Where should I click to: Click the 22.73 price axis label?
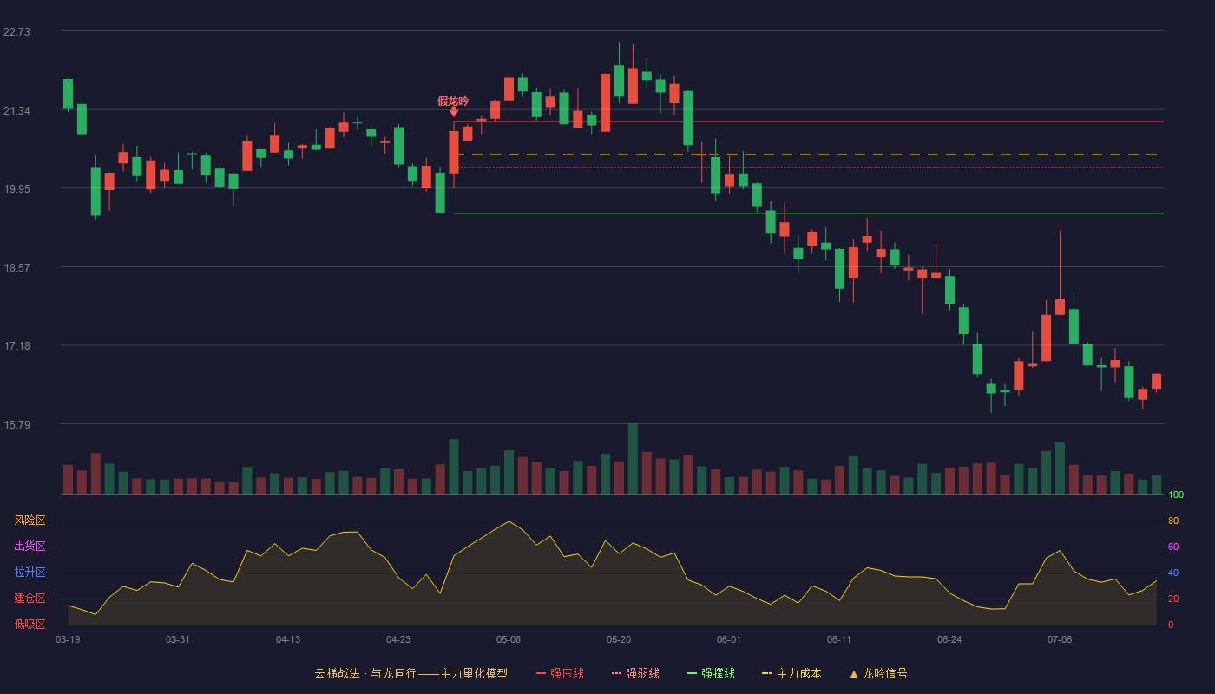[16, 32]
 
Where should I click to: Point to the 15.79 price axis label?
[16, 424]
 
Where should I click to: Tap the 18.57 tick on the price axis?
[16, 268]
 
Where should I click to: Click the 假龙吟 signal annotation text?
[453, 101]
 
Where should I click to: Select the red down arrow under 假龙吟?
[453, 112]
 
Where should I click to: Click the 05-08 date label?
[509, 640]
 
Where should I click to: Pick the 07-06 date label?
[1060, 640]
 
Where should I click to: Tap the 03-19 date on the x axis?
[68, 640]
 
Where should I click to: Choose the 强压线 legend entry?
[560, 674]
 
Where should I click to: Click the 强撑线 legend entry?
[711, 674]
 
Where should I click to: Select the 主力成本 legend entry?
[791, 674]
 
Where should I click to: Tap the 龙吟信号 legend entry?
[878, 674]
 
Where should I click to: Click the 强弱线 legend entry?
[635, 674]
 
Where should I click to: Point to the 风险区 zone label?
[30, 520]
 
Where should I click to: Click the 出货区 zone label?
[30, 546]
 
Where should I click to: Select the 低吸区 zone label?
[30, 625]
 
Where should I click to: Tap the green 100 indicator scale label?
[1176, 495]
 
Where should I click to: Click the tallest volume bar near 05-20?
[633, 459]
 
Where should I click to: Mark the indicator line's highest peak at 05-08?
[509, 521]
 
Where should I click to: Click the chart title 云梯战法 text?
[338, 674]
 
